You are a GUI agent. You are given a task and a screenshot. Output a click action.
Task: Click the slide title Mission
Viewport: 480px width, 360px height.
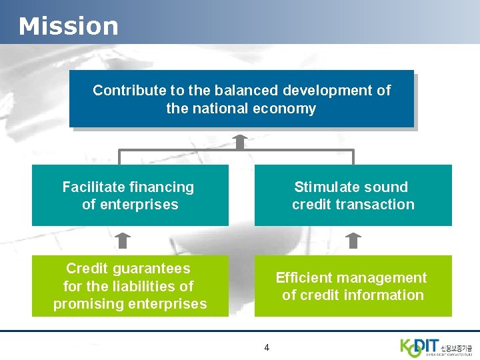(68, 26)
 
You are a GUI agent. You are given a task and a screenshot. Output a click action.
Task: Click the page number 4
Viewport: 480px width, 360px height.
(267, 347)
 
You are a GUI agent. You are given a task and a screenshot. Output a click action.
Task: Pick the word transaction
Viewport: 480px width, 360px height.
(377, 205)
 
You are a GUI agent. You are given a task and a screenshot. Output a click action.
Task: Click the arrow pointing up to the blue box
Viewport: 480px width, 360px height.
(241, 141)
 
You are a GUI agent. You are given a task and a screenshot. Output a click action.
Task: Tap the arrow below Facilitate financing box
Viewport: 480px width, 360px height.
(124, 240)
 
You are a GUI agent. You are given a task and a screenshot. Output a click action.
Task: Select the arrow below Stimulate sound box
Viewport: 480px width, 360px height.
(353, 240)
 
